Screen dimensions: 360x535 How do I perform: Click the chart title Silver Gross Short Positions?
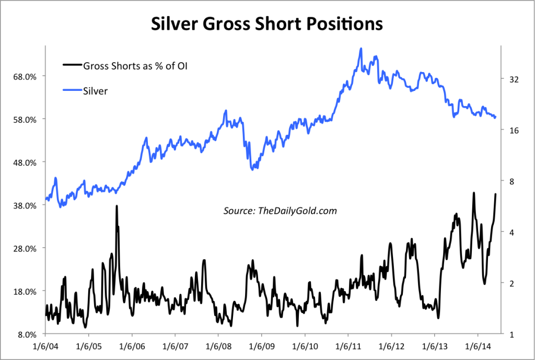click(267, 24)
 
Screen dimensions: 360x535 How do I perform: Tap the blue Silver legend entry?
click(95, 91)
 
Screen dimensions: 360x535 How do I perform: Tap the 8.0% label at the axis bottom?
click(27, 334)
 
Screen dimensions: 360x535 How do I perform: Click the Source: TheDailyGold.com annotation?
click(280, 211)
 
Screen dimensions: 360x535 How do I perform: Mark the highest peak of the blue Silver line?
click(361, 49)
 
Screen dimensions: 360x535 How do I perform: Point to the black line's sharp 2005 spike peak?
click(117, 206)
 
